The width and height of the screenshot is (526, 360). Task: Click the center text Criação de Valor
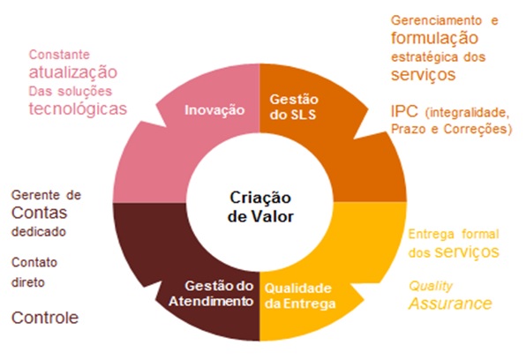click(x=260, y=207)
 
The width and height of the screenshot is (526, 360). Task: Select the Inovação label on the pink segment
click(x=214, y=110)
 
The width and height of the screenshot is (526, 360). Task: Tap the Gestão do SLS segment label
click(x=294, y=107)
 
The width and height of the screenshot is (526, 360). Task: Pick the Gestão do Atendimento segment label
click(x=211, y=294)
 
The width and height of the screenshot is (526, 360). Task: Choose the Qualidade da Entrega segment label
click(x=300, y=296)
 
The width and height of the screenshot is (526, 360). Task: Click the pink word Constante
click(x=59, y=55)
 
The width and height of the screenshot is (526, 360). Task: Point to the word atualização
click(x=73, y=72)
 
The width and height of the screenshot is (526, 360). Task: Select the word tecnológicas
click(x=78, y=109)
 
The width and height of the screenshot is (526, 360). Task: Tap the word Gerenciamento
click(x=437, y=20)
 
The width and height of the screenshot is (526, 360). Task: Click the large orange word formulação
click(x=435, y=38)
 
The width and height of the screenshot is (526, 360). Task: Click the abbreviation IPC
click(x=404, y=111)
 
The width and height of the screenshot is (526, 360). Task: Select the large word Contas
click(x=39, y=213)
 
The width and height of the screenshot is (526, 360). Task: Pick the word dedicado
click(x=39, y=232)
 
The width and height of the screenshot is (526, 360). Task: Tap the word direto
click(x=28, y=282)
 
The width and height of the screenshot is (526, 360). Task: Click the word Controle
click(x=45, y=318)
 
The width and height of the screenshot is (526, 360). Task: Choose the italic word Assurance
click(x=450, y=304)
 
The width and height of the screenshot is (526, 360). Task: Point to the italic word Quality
click(x=431, y=286)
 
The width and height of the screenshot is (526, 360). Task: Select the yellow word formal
click(x=480, y=234)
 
